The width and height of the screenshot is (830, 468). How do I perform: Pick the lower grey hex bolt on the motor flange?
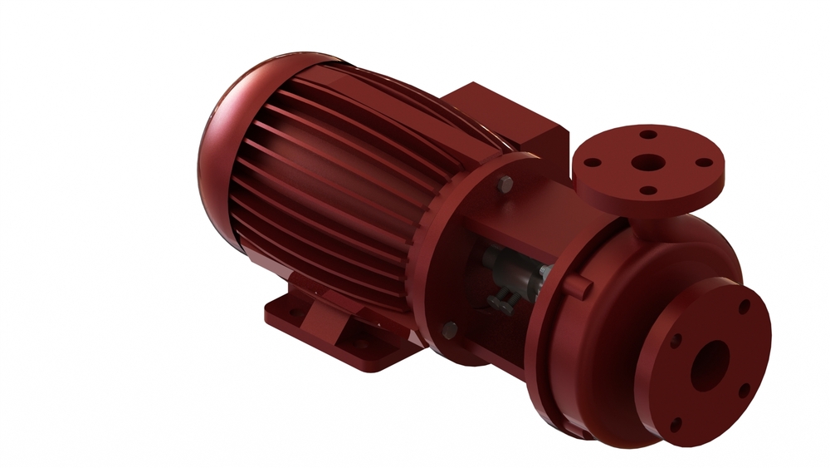449,330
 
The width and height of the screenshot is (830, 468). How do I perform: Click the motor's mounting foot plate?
332,328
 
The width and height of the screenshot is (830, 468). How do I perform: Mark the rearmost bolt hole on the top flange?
648,135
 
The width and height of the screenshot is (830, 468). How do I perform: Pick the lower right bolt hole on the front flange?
743,388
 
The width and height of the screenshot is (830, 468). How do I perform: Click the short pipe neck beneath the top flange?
656,223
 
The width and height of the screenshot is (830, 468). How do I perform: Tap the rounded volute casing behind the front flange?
598,349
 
